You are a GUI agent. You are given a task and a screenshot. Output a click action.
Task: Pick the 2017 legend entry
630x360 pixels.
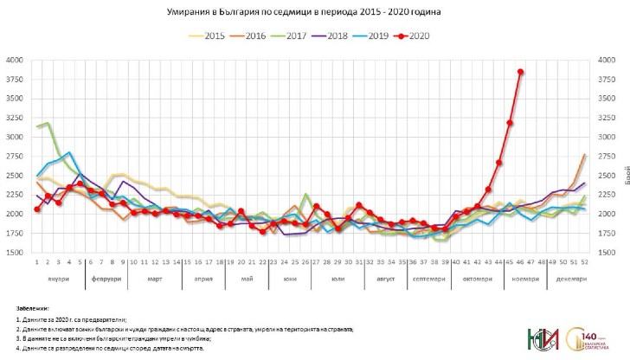coord(291,35)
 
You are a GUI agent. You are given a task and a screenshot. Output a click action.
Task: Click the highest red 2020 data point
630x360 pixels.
coord(520,72)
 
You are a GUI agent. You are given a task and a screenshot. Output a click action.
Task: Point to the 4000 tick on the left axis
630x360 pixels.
coord(16,61)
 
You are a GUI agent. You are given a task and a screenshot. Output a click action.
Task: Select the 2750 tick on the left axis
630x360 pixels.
coord(16,157)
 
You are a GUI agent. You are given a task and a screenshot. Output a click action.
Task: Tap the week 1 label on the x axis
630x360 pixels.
coord(37,260)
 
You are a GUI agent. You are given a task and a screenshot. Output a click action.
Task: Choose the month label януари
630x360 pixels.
coord(58,280)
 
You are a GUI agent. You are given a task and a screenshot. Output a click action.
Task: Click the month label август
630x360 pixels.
coord(386,280)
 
